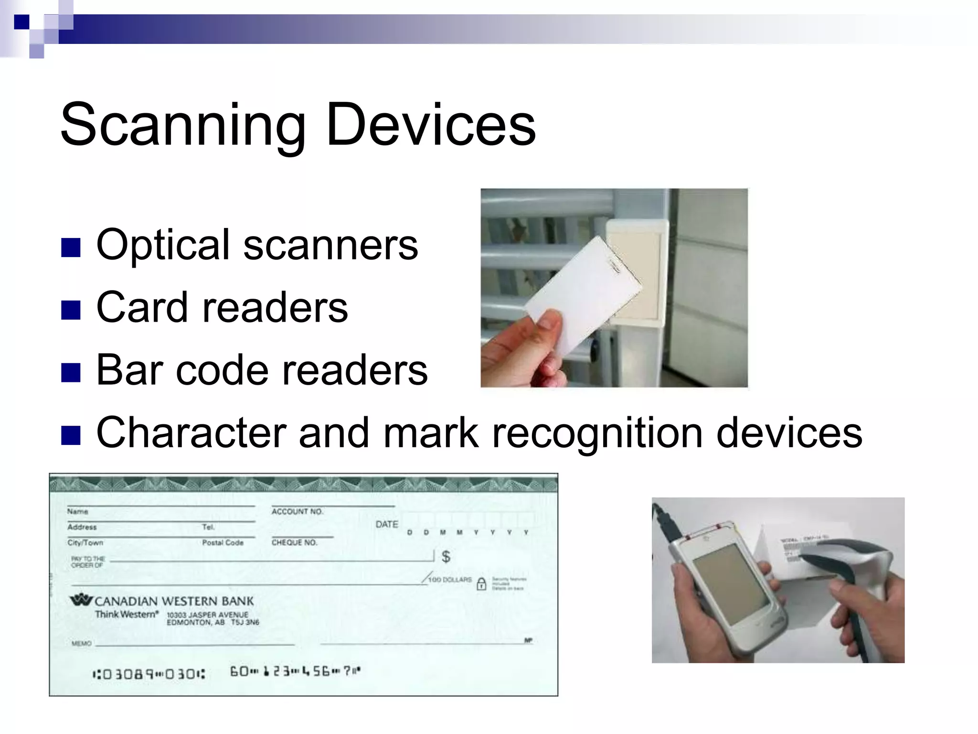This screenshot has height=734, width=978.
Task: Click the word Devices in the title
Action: [431, 125]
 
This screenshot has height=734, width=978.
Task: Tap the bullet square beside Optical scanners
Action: [71, 247]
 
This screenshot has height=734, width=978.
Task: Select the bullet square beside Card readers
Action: [71, 310]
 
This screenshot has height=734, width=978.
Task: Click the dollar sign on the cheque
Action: [446, 556]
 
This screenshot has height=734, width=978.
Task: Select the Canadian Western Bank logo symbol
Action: [81, 600]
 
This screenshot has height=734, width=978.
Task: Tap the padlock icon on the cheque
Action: [482, 583]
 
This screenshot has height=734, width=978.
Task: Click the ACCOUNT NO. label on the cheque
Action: [297, 511]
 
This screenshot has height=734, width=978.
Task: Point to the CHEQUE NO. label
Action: [294, 542]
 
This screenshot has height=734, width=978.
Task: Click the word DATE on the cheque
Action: [386, 524]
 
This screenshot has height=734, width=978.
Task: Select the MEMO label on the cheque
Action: [81, 644]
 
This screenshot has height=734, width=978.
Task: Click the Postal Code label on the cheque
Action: [223, 542]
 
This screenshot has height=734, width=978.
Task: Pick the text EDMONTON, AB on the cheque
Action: [195, 623]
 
